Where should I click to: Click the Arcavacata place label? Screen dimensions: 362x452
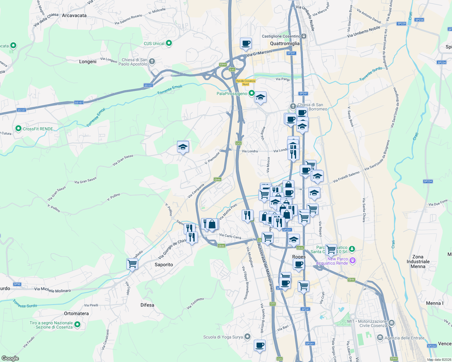point(74,15)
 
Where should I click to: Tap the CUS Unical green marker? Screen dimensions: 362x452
point(169,43)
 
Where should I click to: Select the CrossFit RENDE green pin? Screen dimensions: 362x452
point(18,129)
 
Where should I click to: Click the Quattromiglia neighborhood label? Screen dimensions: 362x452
point(285,43)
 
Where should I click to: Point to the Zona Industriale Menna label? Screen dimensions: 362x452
point(418,262)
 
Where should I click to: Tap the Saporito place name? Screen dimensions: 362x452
point(164,265)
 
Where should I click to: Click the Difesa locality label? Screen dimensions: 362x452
point(147,305)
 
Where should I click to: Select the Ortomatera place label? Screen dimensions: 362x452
point(76,313)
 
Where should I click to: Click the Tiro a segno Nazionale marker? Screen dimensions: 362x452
point(77,325)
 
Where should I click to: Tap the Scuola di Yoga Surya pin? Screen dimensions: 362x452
point(247,337)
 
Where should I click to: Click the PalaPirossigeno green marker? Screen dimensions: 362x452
point(251,94)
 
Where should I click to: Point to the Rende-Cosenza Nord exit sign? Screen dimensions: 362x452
point(246,82)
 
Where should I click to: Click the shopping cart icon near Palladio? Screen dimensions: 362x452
point(132,263)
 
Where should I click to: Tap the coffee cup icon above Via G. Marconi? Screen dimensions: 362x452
point(246,43)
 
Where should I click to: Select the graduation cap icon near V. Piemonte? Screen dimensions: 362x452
point(183,147)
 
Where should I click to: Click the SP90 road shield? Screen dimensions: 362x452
point(17,284)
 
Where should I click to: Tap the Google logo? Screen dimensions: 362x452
point(10,358)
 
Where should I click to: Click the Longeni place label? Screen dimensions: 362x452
point(88,62)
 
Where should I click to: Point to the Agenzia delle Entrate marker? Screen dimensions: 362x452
point(380,338)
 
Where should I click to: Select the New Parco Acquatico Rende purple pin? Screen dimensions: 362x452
point(352,260)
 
